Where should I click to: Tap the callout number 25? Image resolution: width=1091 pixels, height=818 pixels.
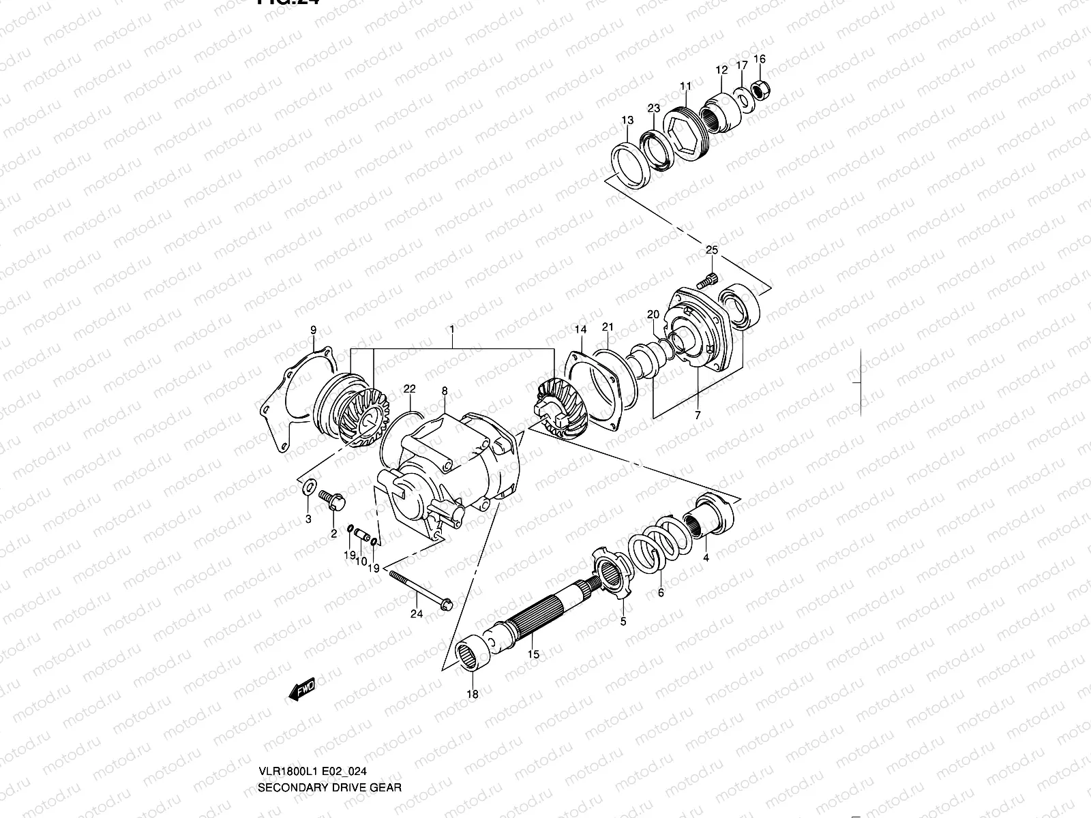point(711,251)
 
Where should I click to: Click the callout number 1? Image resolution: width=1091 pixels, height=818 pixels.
point(451,329)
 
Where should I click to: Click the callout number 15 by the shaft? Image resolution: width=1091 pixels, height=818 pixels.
point(534,654)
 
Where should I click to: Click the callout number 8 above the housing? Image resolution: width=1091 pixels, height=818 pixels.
point(445,391)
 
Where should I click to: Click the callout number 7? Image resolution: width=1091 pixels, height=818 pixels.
point(698,414)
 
